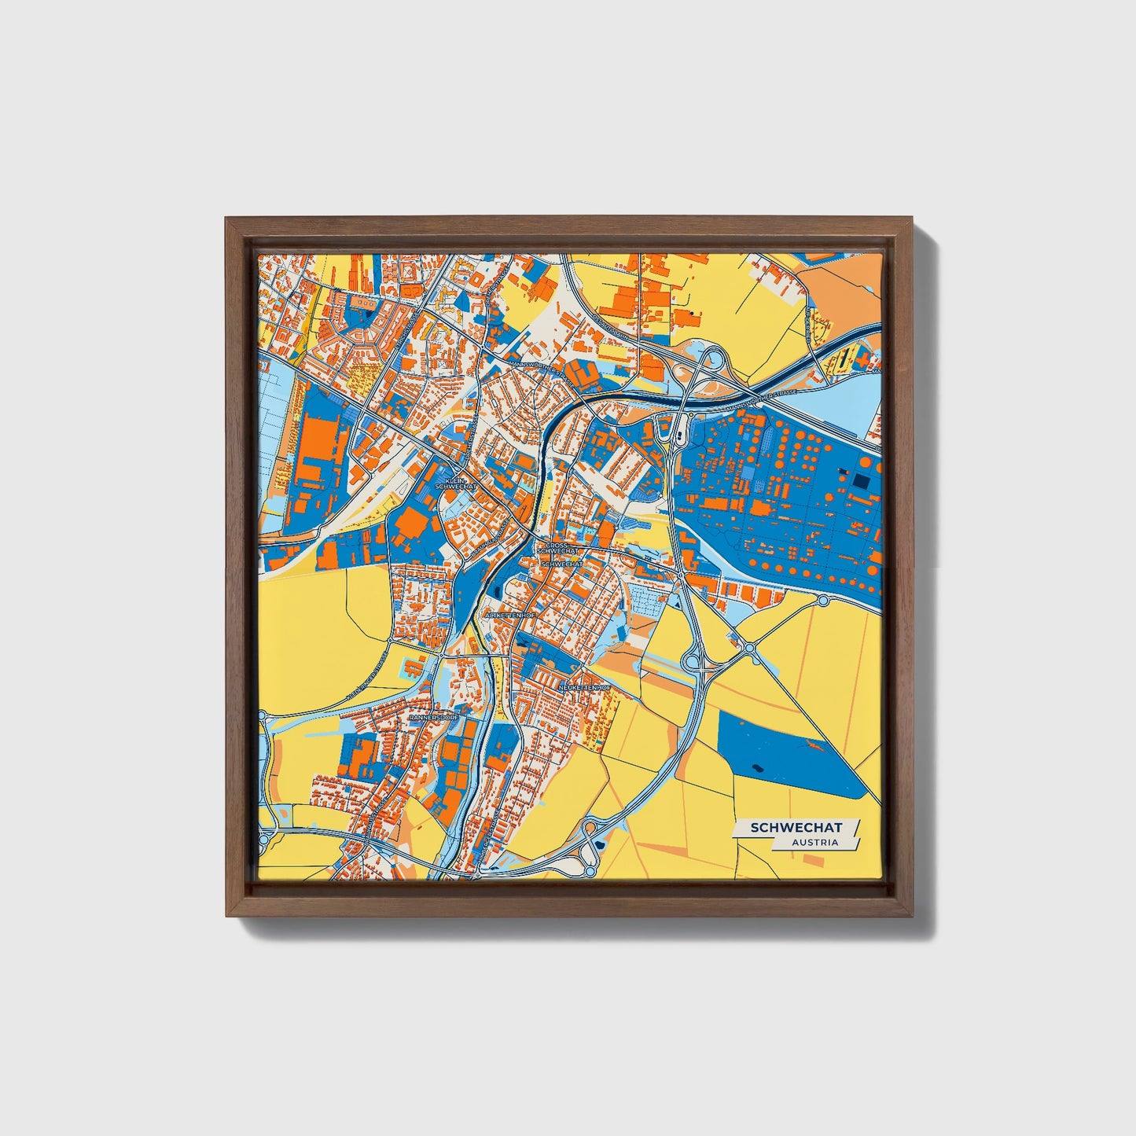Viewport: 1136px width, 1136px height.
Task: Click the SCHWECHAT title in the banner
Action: (x=796, y=828)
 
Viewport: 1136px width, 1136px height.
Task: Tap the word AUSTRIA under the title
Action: (x=814, y=843)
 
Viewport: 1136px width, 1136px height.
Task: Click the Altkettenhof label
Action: (x=510, y=615)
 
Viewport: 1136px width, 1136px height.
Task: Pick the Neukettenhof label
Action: (x=584, y=688)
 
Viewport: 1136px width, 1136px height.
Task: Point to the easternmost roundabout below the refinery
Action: (x=823, y=601)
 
